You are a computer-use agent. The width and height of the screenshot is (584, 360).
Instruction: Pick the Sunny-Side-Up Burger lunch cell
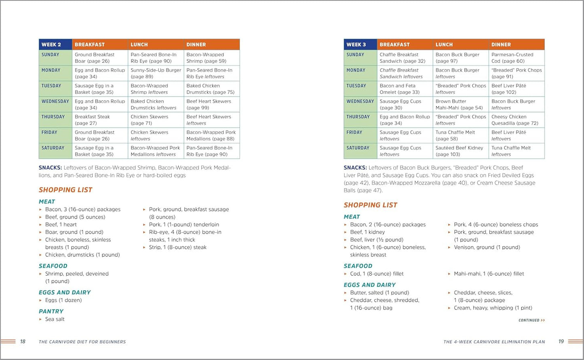click(156, 73)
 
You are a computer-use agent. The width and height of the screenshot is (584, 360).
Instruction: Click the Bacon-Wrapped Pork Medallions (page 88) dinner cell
click(211, 135)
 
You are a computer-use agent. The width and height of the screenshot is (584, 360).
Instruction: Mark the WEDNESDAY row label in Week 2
click(55, 101)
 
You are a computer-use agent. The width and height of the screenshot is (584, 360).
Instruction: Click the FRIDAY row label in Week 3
click(354, 133)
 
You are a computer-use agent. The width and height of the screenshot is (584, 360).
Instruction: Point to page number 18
click(23, 341)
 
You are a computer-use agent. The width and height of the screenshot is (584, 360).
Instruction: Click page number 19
click(561, 341)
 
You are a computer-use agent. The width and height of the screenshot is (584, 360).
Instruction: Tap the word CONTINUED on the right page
click(529, 320)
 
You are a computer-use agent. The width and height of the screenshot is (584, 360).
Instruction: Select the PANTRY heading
click(51, 311)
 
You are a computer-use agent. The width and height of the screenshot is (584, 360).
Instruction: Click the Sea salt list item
click(55, 319)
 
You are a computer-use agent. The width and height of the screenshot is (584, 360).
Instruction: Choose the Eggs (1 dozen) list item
click(63, 300)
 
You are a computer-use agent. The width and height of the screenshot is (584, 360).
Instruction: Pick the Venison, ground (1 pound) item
click(487, 247)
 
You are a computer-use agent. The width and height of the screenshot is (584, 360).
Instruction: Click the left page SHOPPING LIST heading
click(65, 190)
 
